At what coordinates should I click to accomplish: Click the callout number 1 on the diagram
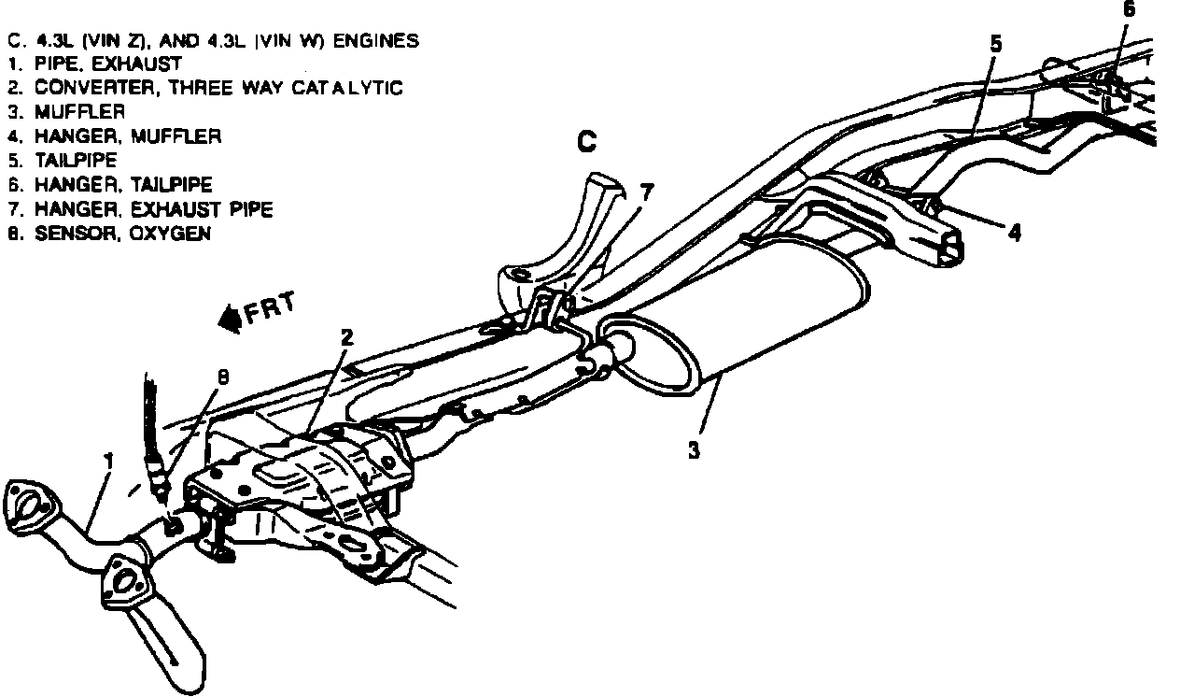click(108, 461)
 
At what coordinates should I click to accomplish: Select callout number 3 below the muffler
click(694, 450)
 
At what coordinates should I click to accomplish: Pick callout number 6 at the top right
click(1129, 8)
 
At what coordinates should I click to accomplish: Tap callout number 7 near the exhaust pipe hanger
click(646, 192)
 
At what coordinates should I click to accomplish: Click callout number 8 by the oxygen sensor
click(222, 377)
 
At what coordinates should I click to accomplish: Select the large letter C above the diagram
click(585, 142)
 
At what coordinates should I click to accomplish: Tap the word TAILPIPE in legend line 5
click(76, 161)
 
